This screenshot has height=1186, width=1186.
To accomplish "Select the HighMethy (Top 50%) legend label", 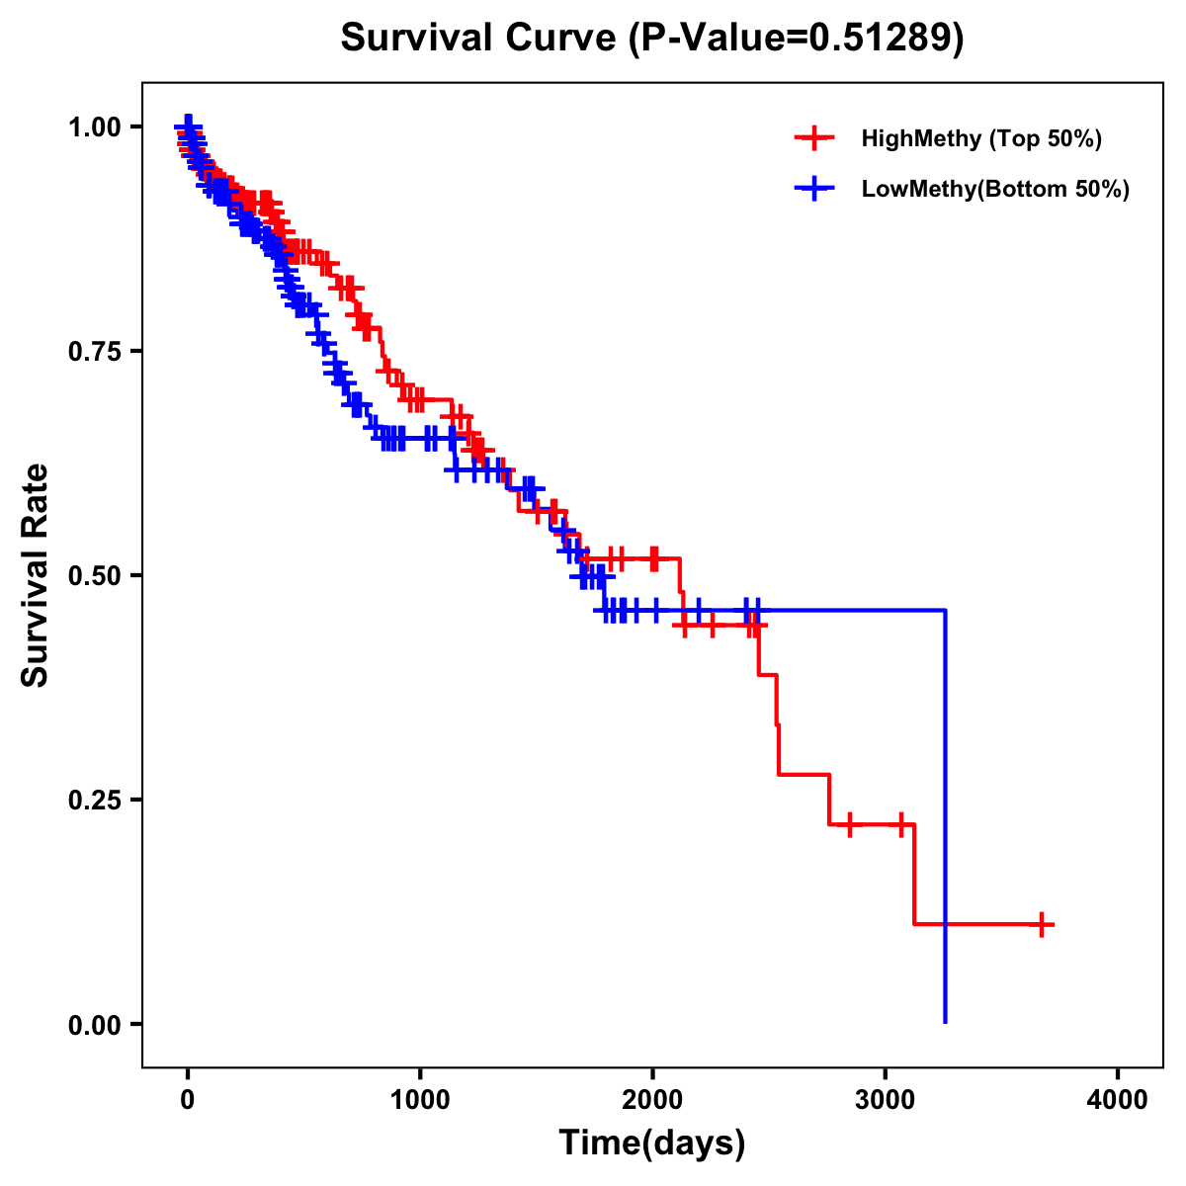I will [980, 138].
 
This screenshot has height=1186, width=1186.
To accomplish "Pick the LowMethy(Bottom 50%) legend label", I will [994, 190].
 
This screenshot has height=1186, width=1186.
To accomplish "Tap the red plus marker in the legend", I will [814, 138].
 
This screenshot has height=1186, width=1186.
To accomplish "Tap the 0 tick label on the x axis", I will [188, 1100].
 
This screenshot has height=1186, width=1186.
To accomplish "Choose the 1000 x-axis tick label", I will [420, 1100].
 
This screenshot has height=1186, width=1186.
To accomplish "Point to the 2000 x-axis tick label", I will [652, 1100].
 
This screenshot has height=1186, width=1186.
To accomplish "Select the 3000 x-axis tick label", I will [886, 1100].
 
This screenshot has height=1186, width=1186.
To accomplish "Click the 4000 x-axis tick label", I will [1118, 1100].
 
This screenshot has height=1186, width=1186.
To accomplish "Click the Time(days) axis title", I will [652, 1144].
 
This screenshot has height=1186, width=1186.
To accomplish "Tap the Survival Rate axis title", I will [36, 575].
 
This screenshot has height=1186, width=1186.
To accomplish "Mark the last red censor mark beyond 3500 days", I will [1041, 924].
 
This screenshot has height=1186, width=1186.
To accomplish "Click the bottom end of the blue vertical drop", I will [946, 1021].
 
